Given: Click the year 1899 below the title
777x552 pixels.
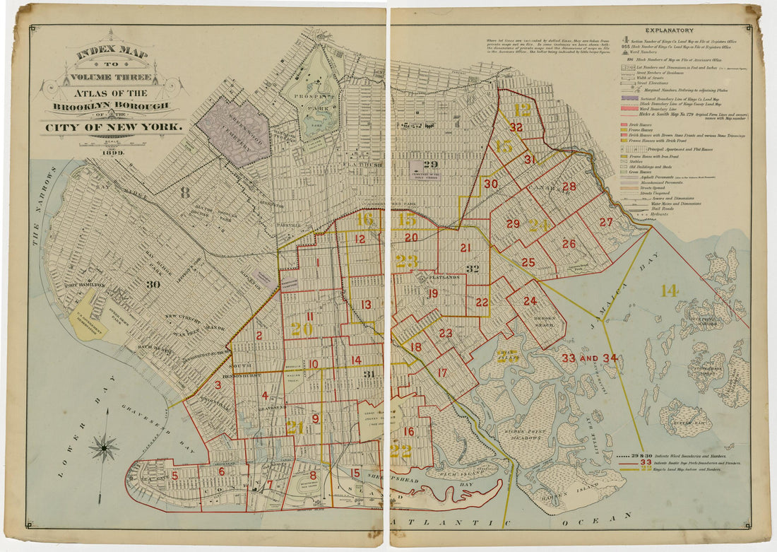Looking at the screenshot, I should [112, 152].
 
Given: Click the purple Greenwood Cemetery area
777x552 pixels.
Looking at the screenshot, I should [232, 131].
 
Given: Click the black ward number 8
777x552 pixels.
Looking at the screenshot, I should [185, 192].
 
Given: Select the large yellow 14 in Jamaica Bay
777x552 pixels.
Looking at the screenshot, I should [669, 290].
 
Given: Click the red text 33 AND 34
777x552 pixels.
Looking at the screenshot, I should [589, 358].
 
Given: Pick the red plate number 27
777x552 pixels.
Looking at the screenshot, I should [606, 222].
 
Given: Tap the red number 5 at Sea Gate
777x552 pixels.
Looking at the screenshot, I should [174, 476].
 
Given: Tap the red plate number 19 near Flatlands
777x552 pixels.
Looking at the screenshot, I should [432, 293].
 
